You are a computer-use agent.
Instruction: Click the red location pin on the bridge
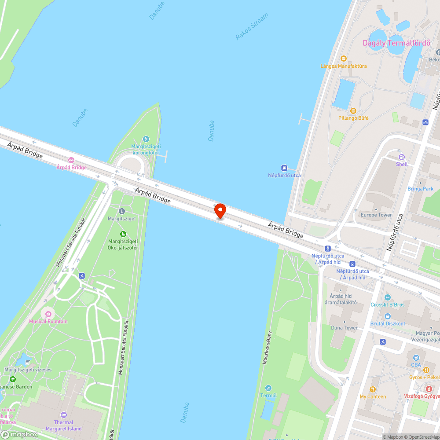220,211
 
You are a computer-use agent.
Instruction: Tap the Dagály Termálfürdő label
396,43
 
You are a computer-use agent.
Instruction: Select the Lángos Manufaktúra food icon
344,59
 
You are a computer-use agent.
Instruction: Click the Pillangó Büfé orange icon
353,110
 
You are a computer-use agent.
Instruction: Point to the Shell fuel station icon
401,157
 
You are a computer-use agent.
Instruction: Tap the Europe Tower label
376,215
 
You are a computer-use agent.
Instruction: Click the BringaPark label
420,189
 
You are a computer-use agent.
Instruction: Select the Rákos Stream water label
252,27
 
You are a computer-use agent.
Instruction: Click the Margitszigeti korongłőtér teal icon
146,139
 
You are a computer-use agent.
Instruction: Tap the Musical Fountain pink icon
48,314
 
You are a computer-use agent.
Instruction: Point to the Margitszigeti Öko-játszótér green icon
123,234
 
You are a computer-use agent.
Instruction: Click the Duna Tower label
344,328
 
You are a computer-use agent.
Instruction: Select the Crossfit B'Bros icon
387,297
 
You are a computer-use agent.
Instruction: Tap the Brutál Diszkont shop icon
387,316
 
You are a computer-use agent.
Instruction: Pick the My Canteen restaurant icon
372,389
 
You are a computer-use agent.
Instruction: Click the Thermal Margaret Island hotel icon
64,414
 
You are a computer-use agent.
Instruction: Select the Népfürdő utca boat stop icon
284,168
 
